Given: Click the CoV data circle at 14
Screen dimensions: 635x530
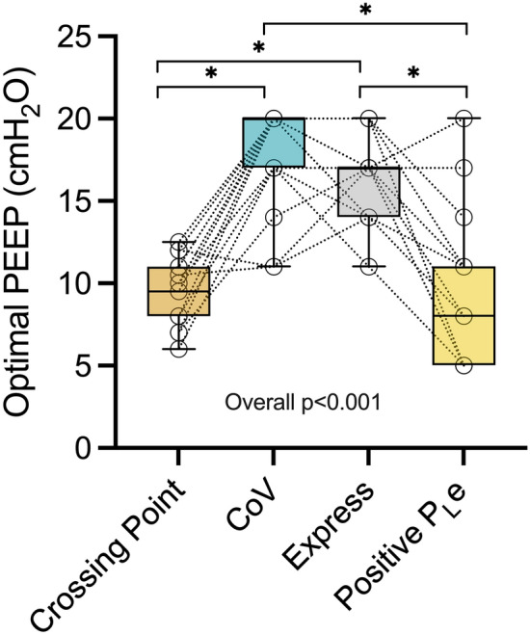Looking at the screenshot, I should point(274,217).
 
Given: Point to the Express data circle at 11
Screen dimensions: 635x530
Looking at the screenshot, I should point(369,267).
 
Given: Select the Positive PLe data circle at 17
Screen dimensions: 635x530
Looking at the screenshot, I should point(465,168).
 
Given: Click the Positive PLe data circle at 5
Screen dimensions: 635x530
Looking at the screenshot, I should point(465,365).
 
